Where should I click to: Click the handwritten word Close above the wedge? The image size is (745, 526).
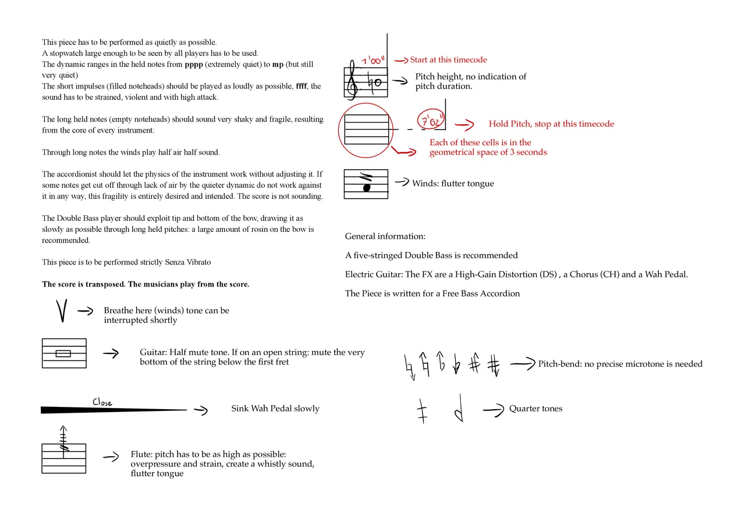click(x=102, y=402)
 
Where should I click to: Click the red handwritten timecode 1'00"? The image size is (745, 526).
click(x=371, y=60)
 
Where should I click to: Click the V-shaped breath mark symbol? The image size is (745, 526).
click(x=62, y=310)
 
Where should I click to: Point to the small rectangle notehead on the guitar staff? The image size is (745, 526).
click(x=63, y=353)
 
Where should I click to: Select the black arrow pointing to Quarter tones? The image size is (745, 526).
click(x=493, y=409)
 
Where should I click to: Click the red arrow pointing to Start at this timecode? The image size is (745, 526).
click(x=401, y=60)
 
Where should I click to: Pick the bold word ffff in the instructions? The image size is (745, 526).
click(x=301, y=86)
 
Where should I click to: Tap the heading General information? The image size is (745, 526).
click(x=385, y=237)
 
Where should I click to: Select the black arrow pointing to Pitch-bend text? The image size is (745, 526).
click(x=521, y=364)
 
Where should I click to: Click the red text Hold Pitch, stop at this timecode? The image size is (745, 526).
click(x=551, y=124)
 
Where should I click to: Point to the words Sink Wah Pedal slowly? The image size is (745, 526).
click(x=275, y=409)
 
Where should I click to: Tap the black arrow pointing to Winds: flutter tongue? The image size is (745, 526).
click(x=402, y=183)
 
